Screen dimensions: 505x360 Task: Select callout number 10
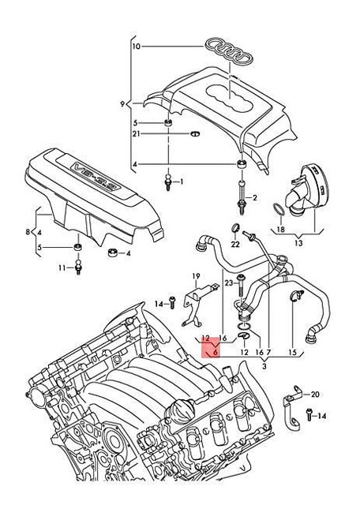tap(135, 47)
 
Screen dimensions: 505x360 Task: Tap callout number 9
tap(123, 103)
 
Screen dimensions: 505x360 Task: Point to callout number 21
tap(137, 135)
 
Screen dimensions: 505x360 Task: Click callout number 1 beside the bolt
tap(181, 182)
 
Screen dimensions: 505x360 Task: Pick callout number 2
tap(255, 196)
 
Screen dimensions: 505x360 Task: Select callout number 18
tap(280, 229)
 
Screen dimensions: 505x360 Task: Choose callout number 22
tap(234, 244)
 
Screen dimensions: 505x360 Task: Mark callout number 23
tap(228, 282)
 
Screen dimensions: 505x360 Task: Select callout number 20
tap(316, 394)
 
